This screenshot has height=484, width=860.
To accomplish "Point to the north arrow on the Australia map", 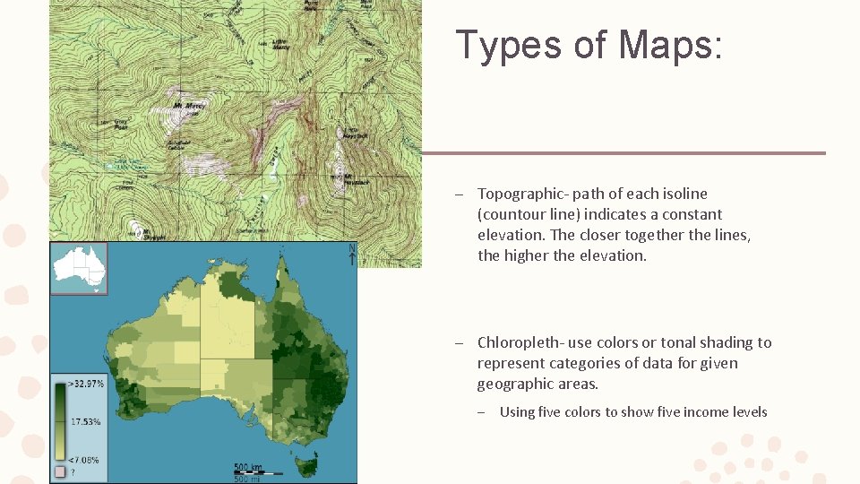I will [352, 255].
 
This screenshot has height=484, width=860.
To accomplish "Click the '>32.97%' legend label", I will [86, 384].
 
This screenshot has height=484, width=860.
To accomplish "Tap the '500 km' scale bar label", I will [249, 466].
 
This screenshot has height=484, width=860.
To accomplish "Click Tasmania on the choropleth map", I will [306, 464].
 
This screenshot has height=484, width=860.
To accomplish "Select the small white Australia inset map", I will [79, 267].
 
